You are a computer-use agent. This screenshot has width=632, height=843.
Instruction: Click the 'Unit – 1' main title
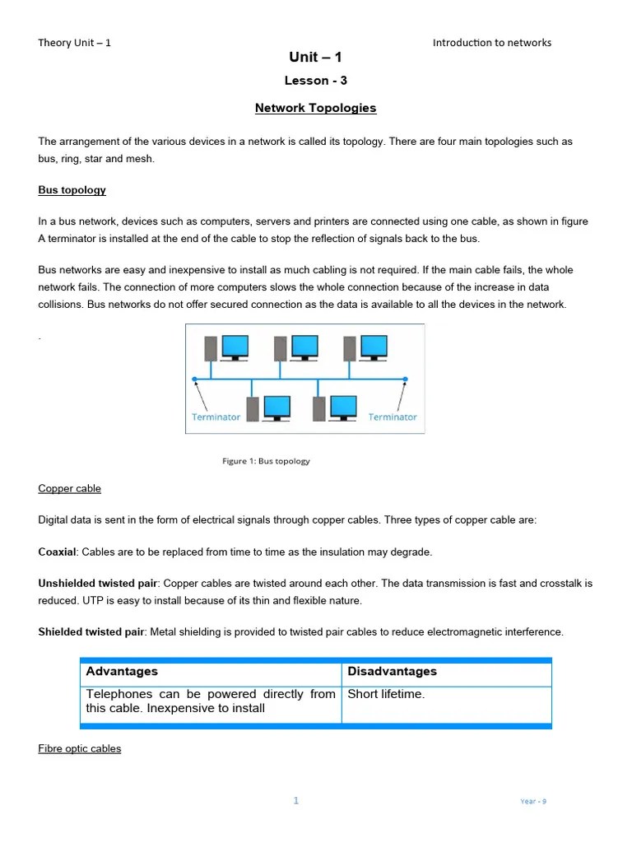315,57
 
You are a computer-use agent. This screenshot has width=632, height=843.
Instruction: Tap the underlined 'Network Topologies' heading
315,108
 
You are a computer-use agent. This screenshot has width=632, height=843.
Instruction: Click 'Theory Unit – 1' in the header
74,43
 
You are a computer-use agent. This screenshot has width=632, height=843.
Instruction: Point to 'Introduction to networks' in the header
491,43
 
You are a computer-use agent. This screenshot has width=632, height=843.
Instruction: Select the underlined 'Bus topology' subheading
72,190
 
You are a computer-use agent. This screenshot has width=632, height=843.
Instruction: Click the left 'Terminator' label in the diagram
216,417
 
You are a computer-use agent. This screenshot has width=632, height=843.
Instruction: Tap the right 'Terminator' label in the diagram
393,417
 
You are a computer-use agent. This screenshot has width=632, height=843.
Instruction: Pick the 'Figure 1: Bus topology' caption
266,461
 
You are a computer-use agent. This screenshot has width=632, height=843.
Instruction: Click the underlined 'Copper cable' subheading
69,488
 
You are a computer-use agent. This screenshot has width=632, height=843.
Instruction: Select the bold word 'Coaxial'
57,552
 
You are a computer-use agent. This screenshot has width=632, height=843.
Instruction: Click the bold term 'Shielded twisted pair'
91,632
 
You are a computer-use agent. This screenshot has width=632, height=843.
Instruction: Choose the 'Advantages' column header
122,672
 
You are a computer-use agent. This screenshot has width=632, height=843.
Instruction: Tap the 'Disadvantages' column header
392,672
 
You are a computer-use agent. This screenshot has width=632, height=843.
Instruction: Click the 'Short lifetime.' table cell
386,694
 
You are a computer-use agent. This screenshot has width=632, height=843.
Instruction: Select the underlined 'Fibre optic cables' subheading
79,748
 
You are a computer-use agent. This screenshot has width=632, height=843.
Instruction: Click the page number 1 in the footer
296,800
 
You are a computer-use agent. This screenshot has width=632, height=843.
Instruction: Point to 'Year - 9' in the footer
532,801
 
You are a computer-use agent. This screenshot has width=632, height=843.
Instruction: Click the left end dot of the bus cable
195,380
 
